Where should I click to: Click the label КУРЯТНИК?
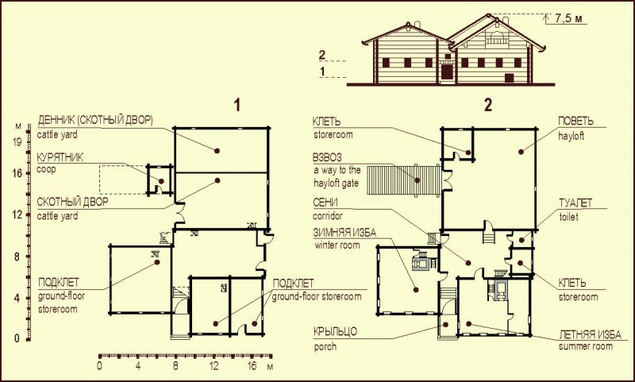(60, 157)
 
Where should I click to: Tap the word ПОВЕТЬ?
(575, 122)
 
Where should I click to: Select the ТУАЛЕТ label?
(575, 203)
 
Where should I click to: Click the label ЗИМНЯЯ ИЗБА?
(344, 233)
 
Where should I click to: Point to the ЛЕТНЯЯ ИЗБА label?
(590, 334)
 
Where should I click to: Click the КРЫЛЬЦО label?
(335, 332)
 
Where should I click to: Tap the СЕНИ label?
(325, 203)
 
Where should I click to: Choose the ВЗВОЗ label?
(327, 157)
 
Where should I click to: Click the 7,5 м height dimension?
(568, 18)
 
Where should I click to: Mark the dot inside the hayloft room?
(521, 152)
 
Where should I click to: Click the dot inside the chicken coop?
(161, 181)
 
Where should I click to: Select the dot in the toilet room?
(521, 240)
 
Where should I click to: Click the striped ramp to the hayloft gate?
(404, 180)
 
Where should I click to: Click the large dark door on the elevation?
(447, 71)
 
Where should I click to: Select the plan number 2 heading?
(488, 106)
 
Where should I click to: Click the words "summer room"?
(585, 346)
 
